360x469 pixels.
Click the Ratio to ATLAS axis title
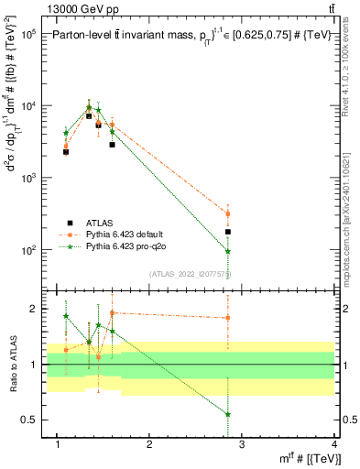pos(12,365)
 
